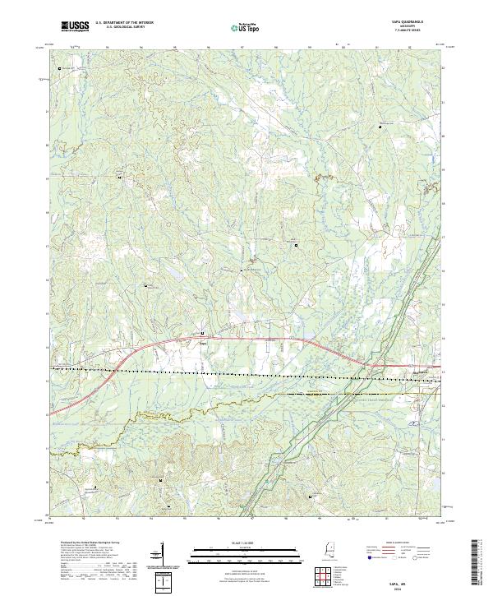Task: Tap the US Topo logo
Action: pos(240,28)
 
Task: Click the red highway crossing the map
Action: pos(246,337)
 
